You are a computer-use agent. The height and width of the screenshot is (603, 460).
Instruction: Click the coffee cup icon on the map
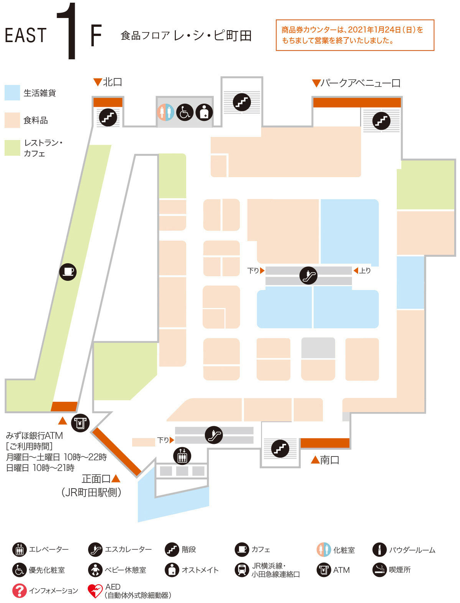(68, 272)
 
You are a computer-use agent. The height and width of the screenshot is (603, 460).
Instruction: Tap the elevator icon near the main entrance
(182, 456)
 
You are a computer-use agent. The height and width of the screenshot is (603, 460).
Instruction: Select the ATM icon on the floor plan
(80, 423)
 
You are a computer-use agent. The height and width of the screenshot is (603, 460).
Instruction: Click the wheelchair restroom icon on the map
(185, 112)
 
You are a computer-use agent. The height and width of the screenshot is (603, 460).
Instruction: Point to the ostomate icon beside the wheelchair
(204, 112)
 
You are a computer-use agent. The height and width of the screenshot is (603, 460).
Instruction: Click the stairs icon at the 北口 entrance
(108, 117)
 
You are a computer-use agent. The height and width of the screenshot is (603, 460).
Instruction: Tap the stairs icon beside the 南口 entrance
(280, 448)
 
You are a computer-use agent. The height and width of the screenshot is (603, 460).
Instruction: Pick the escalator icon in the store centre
(308, 275)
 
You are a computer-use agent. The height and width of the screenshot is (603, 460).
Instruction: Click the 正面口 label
(96, 479)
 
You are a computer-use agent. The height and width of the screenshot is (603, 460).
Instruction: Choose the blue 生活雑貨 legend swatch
(12, 93)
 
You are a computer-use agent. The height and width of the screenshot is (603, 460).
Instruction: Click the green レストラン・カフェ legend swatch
(12, 148)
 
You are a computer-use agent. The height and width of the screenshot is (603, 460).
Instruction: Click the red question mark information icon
(19, 591)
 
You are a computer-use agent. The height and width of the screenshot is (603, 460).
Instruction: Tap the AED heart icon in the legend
(95, 591)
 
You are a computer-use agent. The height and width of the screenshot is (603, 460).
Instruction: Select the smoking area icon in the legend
(380, 570)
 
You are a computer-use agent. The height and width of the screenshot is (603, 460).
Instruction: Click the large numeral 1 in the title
(67, 31)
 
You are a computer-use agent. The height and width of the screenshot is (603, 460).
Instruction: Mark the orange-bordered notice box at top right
(355, 35)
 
